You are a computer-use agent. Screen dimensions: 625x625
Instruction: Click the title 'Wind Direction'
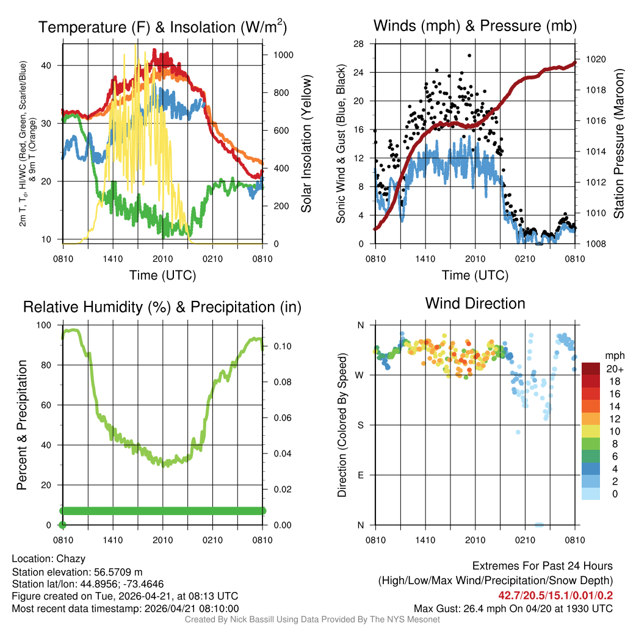475,303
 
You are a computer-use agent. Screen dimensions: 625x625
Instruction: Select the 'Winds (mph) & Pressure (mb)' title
475,26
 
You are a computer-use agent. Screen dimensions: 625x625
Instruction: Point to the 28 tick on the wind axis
359,43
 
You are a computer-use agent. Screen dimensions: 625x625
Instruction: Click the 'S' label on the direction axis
361,425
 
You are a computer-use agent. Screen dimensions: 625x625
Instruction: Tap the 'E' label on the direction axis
361,475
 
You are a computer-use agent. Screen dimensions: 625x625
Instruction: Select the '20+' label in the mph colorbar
613,369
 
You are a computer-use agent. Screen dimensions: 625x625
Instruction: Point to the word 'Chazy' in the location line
71,558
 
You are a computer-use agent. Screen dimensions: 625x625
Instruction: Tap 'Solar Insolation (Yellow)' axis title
306,144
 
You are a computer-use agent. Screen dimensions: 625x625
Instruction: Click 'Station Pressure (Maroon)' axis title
618,144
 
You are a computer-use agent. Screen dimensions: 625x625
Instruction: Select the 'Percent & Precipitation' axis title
23,425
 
